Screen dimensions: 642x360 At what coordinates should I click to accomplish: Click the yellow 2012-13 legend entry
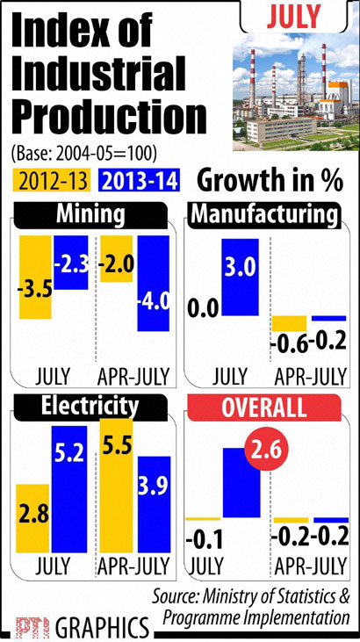coord(52,180)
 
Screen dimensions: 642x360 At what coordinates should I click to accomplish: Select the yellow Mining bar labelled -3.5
coord(36,286)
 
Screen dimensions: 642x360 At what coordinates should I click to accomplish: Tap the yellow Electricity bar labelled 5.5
coord(116,474)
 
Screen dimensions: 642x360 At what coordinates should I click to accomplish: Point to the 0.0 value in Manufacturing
coord(202,309)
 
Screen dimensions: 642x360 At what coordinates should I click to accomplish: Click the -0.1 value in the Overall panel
coord(202,537)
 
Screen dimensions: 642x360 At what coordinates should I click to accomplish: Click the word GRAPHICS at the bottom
coord(102,628)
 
